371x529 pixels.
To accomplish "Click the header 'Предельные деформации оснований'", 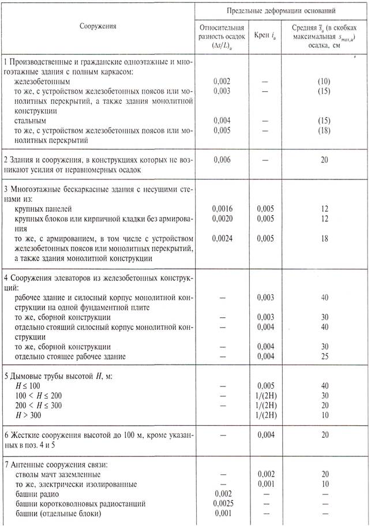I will click(280, 11).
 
